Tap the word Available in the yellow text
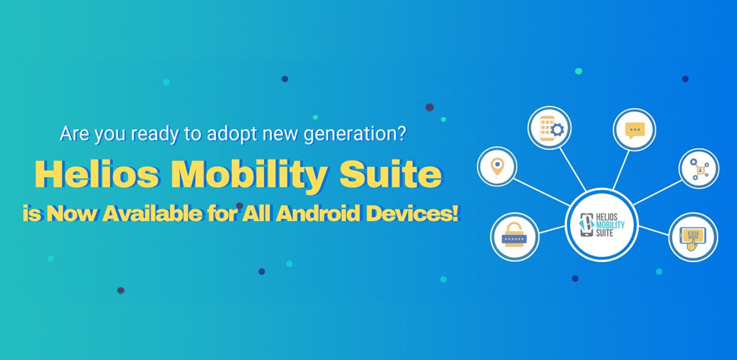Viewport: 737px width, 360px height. pos(151,215)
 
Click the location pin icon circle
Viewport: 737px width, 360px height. pos(497,166)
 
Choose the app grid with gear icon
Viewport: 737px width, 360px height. pos(549,128)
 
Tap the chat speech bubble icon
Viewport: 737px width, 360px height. pos(635,130)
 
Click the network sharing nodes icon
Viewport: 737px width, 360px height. pos(699,168)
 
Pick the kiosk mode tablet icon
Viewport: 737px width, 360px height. pos(693,237)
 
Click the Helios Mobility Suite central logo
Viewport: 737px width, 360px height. pos(602,225)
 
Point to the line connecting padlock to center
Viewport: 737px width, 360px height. pos(552,230)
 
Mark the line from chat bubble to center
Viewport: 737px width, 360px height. pos(621,170)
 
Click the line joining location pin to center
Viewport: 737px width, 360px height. pos(542,192)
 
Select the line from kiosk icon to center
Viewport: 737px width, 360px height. pos(654,230)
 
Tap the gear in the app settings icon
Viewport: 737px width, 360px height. pos(557,130)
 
